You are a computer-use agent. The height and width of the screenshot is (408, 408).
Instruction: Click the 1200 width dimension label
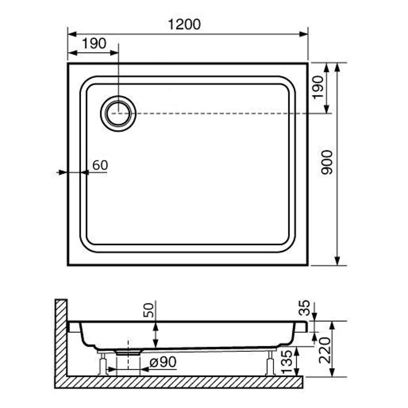click(184, 24)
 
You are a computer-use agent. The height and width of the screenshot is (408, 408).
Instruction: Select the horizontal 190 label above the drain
click(94, 44)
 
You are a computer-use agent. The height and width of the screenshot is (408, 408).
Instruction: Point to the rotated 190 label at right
click(318, 87)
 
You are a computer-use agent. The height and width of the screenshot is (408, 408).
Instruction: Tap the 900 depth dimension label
click(327, 163)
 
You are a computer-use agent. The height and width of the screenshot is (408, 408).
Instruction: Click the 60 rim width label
click(100, 165)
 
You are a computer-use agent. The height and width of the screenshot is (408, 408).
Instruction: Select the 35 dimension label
click(304, 308)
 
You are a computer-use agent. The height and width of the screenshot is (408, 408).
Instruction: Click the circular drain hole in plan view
click(118, 112)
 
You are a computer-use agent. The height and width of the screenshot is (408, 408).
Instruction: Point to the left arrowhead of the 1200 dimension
click(71, 34)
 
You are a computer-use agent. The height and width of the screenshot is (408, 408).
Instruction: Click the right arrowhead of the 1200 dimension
click(304, 34)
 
